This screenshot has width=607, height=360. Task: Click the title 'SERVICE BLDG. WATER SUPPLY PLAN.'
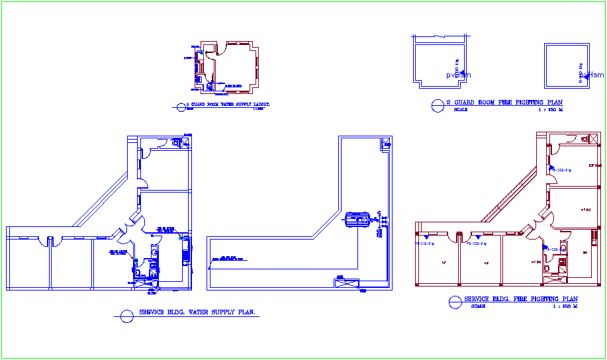(197, 312)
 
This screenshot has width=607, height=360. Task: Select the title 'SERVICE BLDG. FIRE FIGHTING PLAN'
(520, 299)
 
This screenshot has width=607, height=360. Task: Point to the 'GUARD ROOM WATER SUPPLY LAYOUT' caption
(228, 105)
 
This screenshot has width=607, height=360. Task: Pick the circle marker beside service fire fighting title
(455, 302)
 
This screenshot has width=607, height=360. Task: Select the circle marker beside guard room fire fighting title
(438, 105)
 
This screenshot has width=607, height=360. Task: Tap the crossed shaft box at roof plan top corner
(385, 143)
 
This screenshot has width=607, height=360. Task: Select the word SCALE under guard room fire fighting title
(461, 109)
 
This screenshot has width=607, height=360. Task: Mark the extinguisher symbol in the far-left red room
(426, 236)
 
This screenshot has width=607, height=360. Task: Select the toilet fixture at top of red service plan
(584, 139)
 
